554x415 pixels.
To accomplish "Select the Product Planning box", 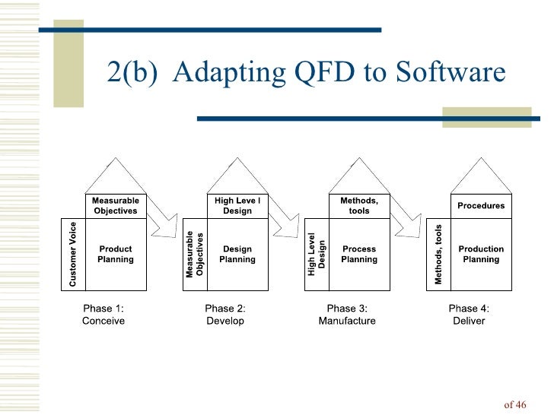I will (x=116, y=255).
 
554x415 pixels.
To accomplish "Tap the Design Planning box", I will (x=237, y=255).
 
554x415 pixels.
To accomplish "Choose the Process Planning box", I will (x=359, y=255).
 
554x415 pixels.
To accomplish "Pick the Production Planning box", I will (x=481, y=255).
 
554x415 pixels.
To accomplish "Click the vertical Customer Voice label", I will (x=73, y=255).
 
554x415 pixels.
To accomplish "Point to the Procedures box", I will (x=481, y=206).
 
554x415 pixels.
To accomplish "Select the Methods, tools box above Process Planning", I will (x=359, y=206).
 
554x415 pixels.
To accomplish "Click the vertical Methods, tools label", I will (x=438, y=255).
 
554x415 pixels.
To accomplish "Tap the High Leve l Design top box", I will (x=237, y=206).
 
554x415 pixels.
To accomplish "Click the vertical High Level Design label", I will (x=317, y=255).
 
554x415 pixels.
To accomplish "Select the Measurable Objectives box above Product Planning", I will (x=116, y=206).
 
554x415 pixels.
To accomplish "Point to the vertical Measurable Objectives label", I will (x=195, y=255).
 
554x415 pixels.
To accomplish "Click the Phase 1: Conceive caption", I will (x=103, y=315).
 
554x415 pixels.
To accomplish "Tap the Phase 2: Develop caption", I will (x=225, y=315).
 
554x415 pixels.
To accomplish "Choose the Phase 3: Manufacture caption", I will (x=347, y=315).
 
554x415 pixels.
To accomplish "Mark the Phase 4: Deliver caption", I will (x=469, y=315).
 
